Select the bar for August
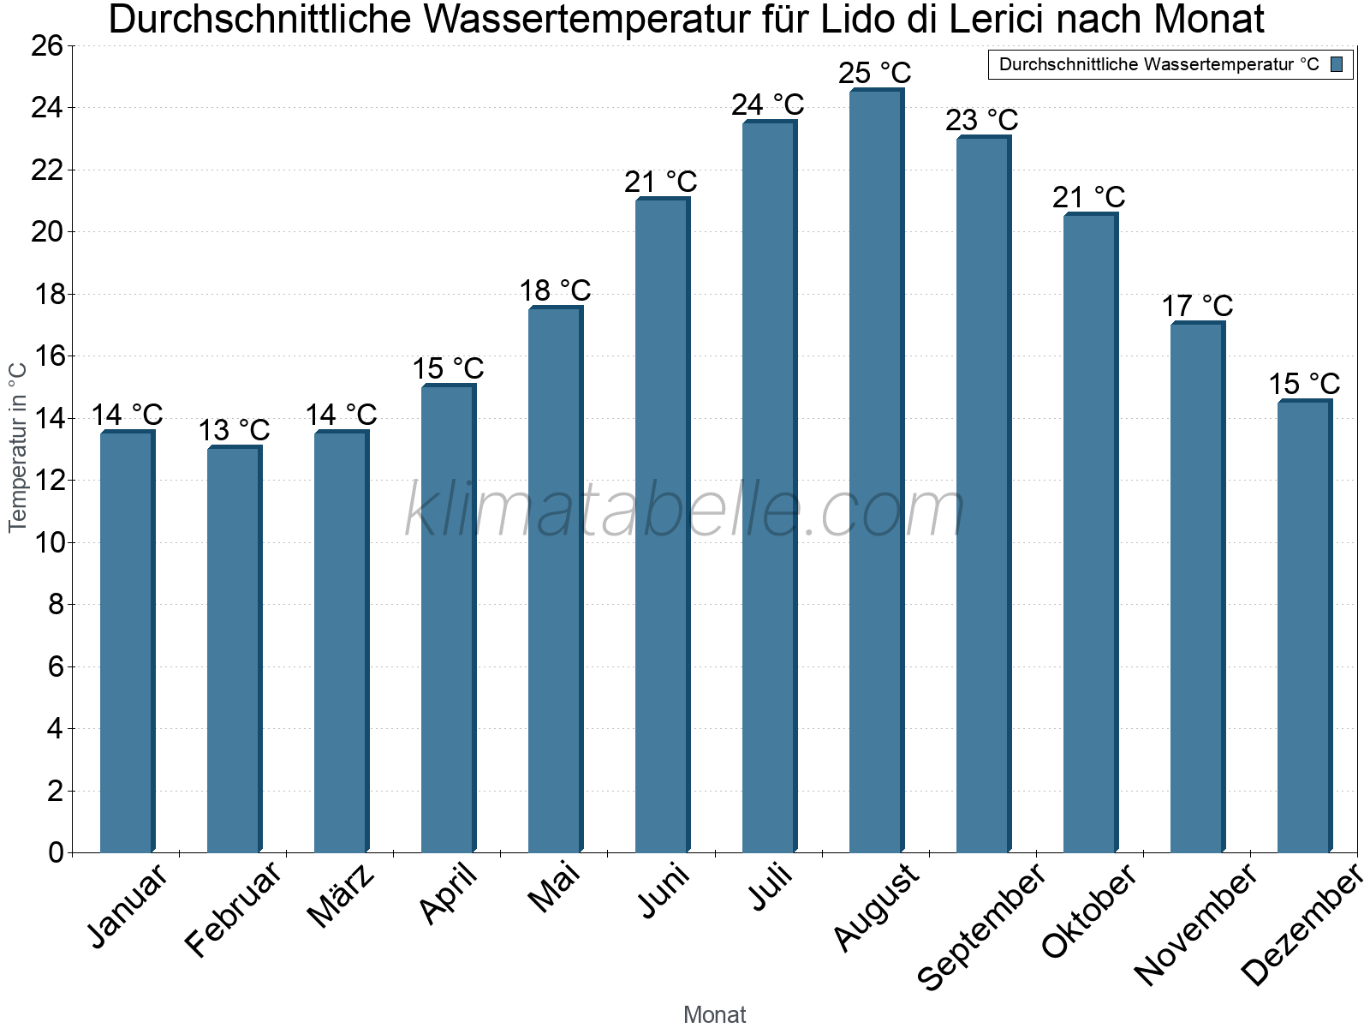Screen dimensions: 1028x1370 click(x=875, y=471)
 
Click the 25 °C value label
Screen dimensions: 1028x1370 click(x=874, y=73)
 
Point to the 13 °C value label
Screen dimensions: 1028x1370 click(x=234, y=430)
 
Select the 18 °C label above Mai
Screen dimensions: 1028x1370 click(x=555, y=290)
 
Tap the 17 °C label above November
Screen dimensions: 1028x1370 click(x=1197, y=306)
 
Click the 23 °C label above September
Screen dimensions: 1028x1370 click(x=981, y=120)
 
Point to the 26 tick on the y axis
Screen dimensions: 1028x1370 click(x=47, y=46)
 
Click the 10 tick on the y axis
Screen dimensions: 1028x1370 click(x=47, y=543)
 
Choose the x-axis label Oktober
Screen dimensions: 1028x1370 click(x=1089, y=910)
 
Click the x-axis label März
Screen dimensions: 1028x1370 click(x=342, y=895)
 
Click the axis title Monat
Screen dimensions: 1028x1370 click(x=715, y=1015)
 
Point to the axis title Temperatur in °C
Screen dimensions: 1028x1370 click(x=18, y=447)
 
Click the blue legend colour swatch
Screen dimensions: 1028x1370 click(x=1337, y=64)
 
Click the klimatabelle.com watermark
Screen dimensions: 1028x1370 click(x=685, y=511)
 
